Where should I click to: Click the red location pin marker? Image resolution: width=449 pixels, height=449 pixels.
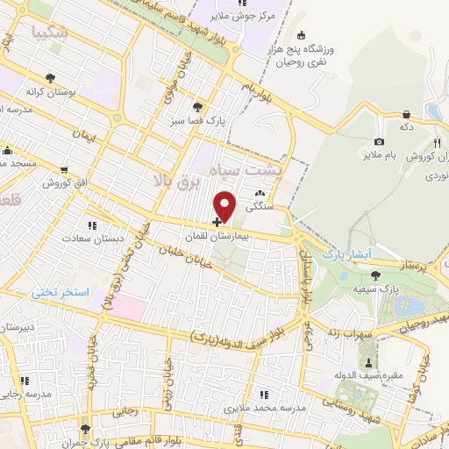click(225, 205)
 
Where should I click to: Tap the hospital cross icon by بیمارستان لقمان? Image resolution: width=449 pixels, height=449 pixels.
click(217, 223)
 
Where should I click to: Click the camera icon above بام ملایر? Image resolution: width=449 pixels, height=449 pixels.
click(379, 141)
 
